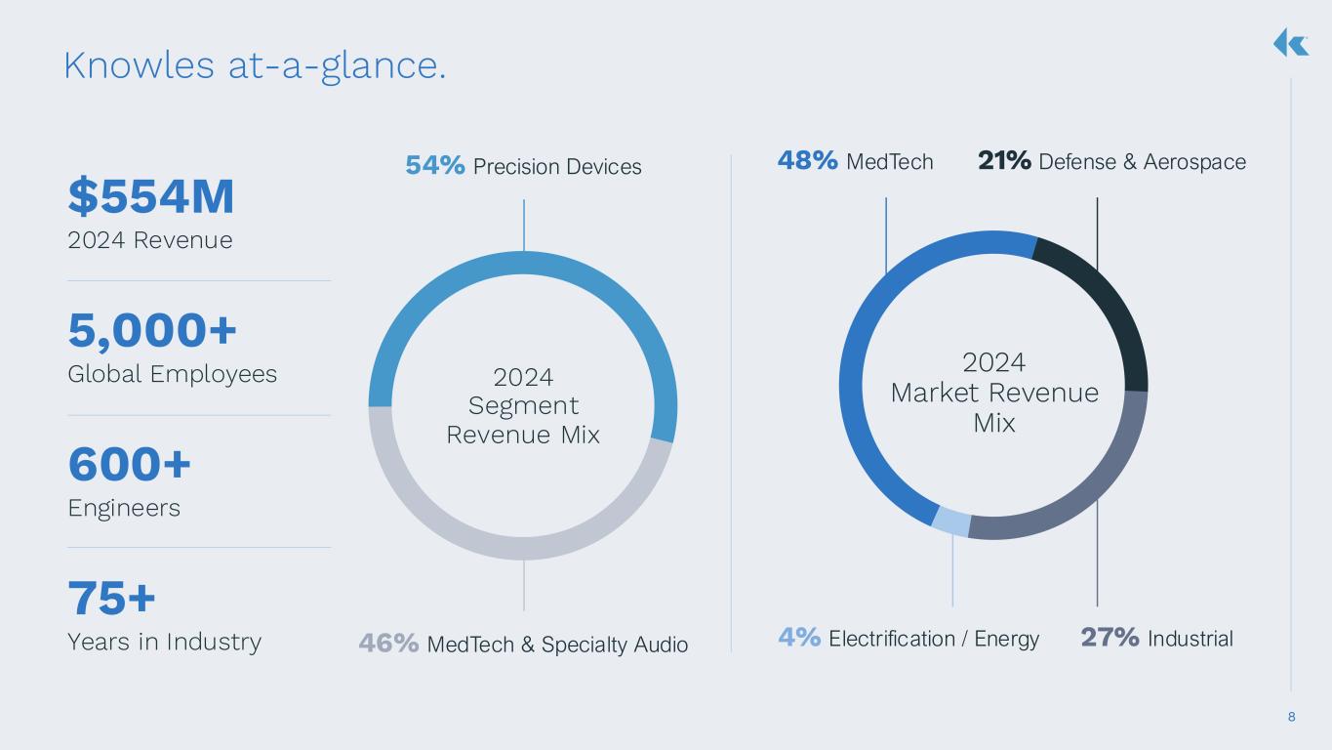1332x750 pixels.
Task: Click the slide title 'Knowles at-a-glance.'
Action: point(255,65)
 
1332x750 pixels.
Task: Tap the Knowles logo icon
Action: point(1290,42)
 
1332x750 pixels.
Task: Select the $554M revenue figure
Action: point(151,197)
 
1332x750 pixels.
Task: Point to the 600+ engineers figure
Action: point(130,465)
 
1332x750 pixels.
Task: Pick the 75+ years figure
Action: point(112,598)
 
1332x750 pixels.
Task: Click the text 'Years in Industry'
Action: point(164,642)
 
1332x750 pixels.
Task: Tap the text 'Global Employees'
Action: point(172,374)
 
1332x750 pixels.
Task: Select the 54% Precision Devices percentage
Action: point(435,166)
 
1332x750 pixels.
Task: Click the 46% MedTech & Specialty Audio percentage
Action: point(389,643)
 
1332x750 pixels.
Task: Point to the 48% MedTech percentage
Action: point(807,160)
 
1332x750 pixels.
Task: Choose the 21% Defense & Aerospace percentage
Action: point(1004,160)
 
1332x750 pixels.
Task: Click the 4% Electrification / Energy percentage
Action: point(799,638)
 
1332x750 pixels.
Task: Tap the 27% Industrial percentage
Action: point(1110,638)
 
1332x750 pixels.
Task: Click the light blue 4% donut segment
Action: point(951,522)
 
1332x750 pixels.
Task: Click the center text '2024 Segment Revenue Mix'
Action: point(523,405)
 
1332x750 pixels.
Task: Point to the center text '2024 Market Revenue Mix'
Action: point(994,393)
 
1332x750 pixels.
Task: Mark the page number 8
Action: point(1292,718)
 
